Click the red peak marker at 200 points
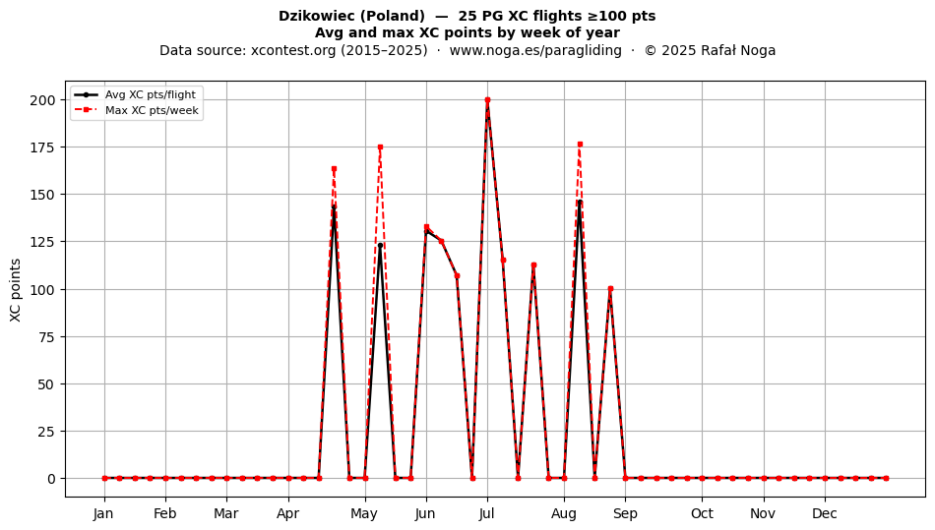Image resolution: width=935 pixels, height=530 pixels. pyautogui.click(x=487, y=100)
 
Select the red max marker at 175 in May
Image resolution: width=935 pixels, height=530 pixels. pyautogui.click(x=380, y=147)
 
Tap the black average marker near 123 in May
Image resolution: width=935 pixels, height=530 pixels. pyautogui.click(x=380, y=246)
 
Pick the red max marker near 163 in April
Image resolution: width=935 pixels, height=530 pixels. pyautogui.click(x=334, y=169)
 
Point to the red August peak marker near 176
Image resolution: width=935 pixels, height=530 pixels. pyautogui.click(x=580, y=145)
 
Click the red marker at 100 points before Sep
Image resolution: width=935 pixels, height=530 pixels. pyautogui.click(x=610, y=289)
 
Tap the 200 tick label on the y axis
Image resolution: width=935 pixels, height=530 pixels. pyautogui.click(x=43, y=100)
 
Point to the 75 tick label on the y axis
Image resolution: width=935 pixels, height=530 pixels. pyautogui.click(x=47, y=337)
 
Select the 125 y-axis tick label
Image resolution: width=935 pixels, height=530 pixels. pyautogui.click(x=43, y=242)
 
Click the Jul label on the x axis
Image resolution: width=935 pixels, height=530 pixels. pyautogui.click(x=486, y=513)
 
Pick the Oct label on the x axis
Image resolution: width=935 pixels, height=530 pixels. pyautogui.click(x=702, y=513)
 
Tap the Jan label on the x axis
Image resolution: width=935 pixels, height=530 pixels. pyautogui.click(x=103, y=513)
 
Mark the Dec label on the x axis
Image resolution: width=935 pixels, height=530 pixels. pyautogui.click(x=825, y=513)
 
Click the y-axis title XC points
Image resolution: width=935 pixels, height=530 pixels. pyautogui.click(x=16, y=290)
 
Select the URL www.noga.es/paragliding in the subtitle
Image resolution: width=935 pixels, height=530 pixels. pyautogui.click(x=535, y=50)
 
